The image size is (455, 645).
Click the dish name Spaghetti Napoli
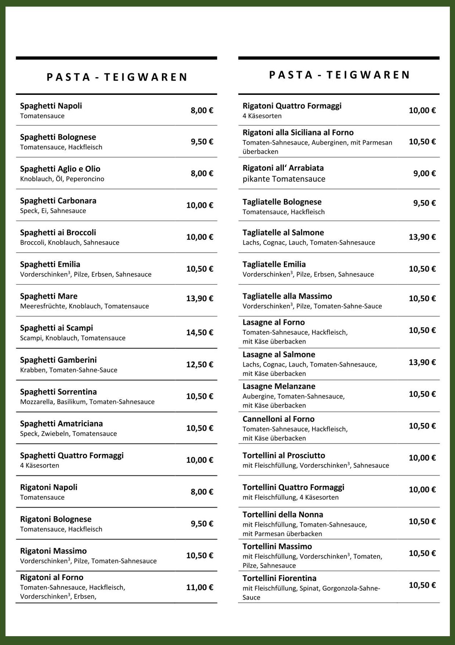pos(51,106)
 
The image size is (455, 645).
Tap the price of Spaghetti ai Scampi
pos(199,332)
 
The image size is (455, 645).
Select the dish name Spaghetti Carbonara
pos(58,201)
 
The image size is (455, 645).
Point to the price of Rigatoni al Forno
pos(199,587)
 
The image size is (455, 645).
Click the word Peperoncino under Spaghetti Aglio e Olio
pos(85,179)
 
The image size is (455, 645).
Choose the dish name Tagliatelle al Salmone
pos(283,232)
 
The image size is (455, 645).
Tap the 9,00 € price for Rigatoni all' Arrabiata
pos(424,173)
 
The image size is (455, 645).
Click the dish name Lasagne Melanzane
pos(279,386)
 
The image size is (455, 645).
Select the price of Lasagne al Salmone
pos(422,362)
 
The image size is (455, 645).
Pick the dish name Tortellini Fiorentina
pos(279,578)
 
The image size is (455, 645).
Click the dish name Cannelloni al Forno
pos(278,419)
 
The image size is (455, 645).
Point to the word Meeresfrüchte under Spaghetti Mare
pos(43,306)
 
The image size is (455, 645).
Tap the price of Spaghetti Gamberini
pos(199,364)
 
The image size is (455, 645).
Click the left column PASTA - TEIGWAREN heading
pos(117,77)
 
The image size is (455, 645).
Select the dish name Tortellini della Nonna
pos(283,514)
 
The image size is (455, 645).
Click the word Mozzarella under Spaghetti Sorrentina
pos(37,402)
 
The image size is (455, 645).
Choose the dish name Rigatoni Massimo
pos(53,551)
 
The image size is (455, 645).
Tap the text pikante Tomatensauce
pos(284,179)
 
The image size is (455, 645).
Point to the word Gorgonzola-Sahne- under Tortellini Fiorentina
pos(351,588)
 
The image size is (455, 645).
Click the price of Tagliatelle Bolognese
pos(424,203)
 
